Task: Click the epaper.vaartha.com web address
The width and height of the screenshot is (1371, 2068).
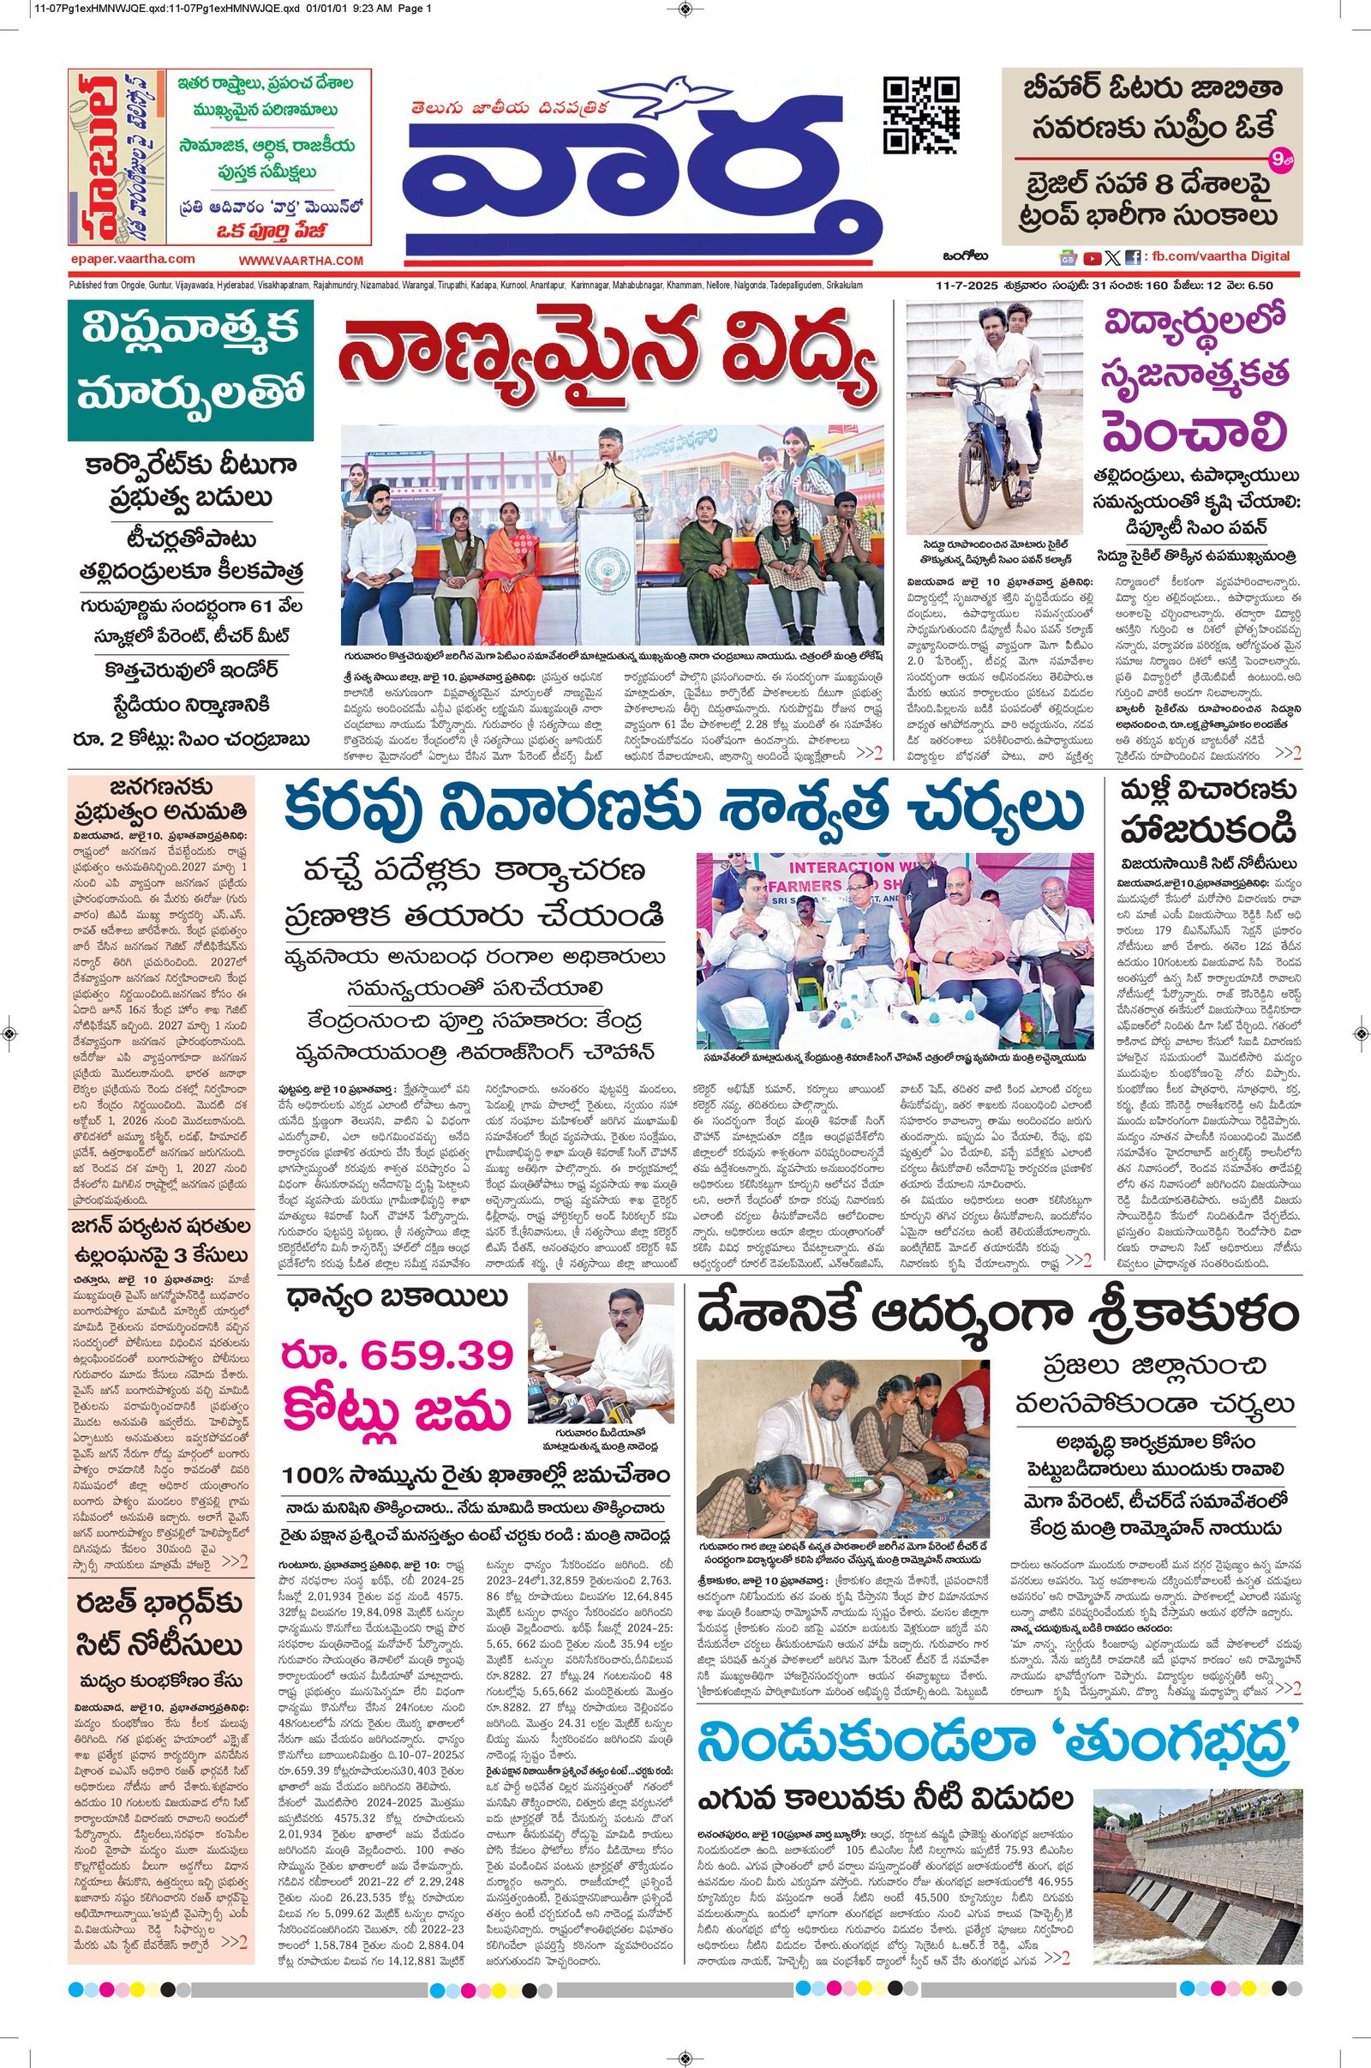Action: click(x=132, y=259)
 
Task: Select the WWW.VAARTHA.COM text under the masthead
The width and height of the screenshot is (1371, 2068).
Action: click(x=301, y=260)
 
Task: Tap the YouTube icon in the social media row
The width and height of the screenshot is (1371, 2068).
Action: click(x=1091, y=257)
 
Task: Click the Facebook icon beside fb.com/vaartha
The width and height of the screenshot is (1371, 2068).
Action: click(x=1133, y=257)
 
